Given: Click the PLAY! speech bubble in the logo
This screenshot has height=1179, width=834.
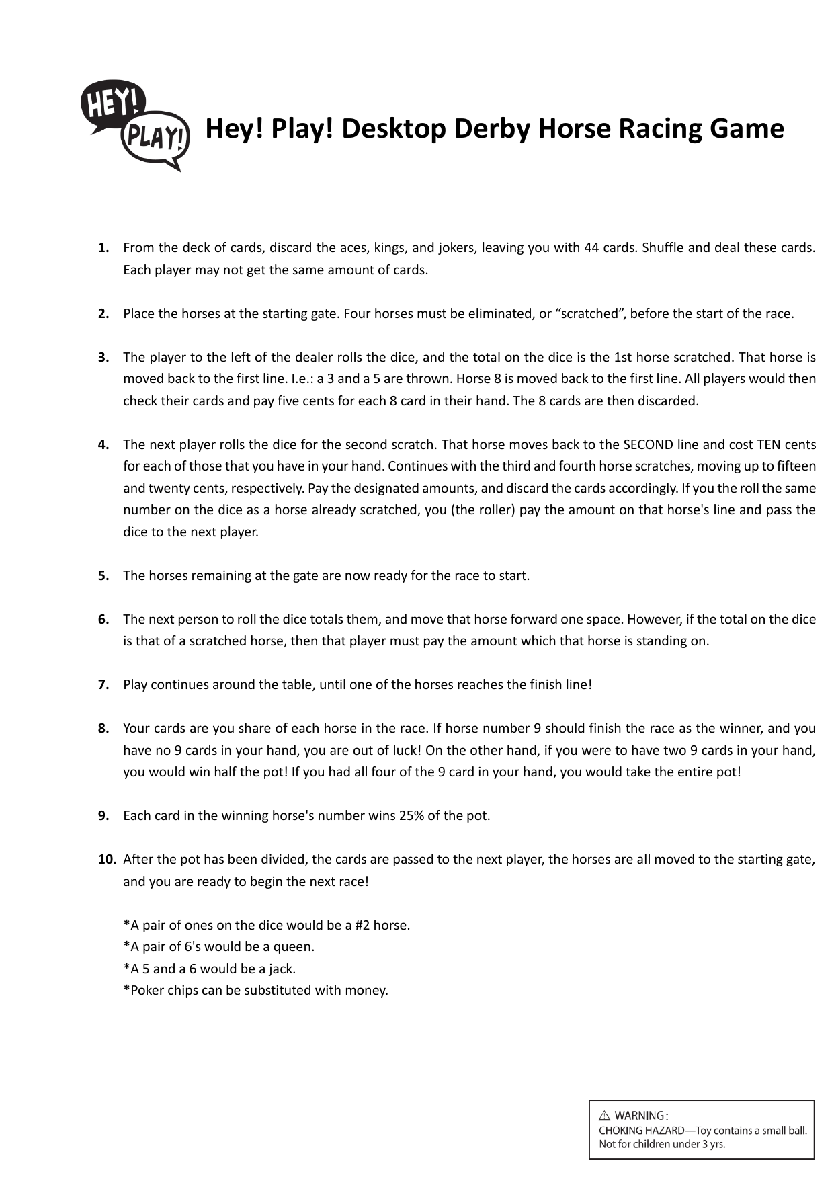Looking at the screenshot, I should coord(155,139).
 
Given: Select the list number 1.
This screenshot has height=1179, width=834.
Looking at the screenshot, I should coord(103,248).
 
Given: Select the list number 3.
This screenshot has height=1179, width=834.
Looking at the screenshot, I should coord(103,358).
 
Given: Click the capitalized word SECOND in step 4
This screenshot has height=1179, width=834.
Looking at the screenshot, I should coord(649,445).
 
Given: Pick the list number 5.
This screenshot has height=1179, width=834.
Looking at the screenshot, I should coord(103,576).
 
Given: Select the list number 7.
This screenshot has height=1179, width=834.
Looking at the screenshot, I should coord(103,685).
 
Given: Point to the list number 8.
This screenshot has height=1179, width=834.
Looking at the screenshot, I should coord(103,729).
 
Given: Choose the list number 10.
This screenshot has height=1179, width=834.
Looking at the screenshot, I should coord(106,860).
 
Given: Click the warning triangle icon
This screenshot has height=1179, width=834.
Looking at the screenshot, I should coord(604,1116).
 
